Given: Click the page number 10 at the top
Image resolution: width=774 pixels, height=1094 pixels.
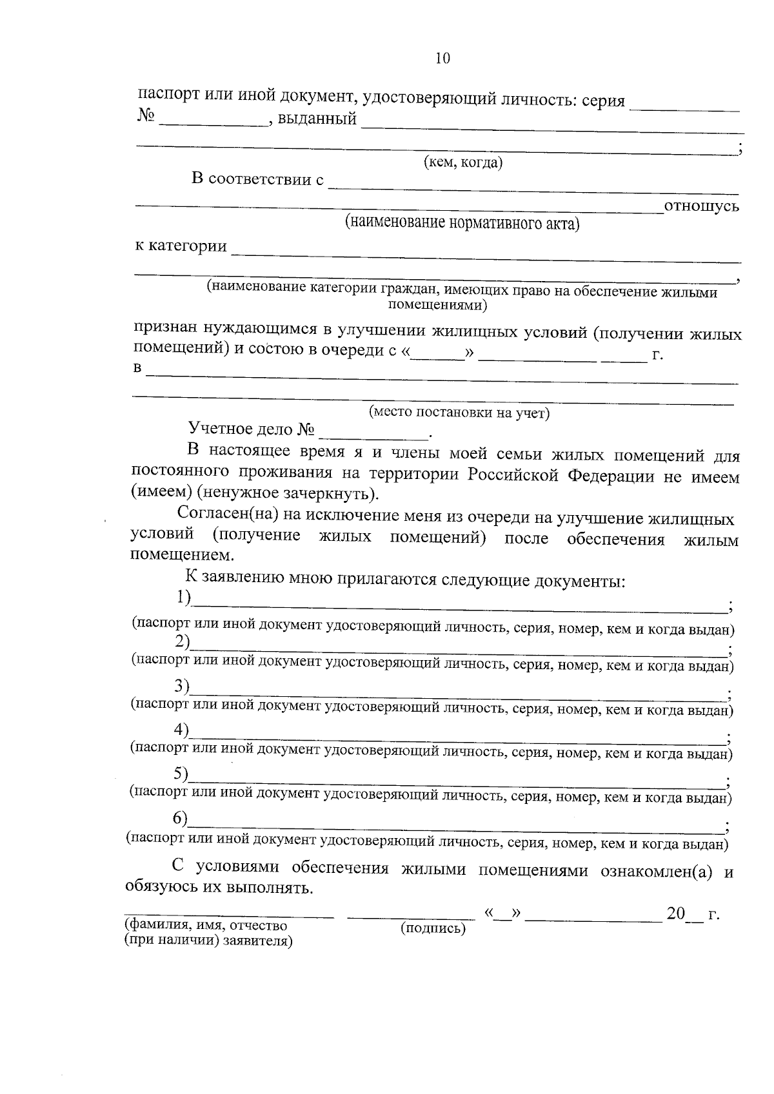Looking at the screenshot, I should click(442, 59).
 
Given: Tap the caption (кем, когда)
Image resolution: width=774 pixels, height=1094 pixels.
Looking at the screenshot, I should click(462, 162).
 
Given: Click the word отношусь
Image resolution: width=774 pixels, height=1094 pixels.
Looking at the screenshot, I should click(701, 206).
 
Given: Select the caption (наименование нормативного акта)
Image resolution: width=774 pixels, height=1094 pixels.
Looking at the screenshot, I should click(462, 223).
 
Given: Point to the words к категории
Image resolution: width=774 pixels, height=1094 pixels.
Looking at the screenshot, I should click(181, 246).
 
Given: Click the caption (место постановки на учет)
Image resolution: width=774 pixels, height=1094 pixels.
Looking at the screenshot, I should click(459, 413).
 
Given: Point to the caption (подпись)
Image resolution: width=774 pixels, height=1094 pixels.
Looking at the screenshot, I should click(433, 928).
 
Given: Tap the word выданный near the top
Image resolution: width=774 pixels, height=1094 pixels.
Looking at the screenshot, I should click(317, 119).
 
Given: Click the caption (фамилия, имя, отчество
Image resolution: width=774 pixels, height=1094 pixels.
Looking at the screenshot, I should click(206, 926).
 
